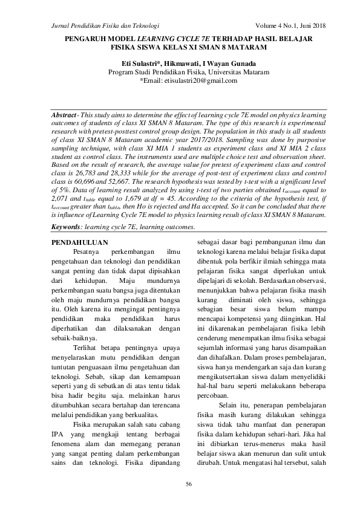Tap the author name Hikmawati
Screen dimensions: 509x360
[185, 63]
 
